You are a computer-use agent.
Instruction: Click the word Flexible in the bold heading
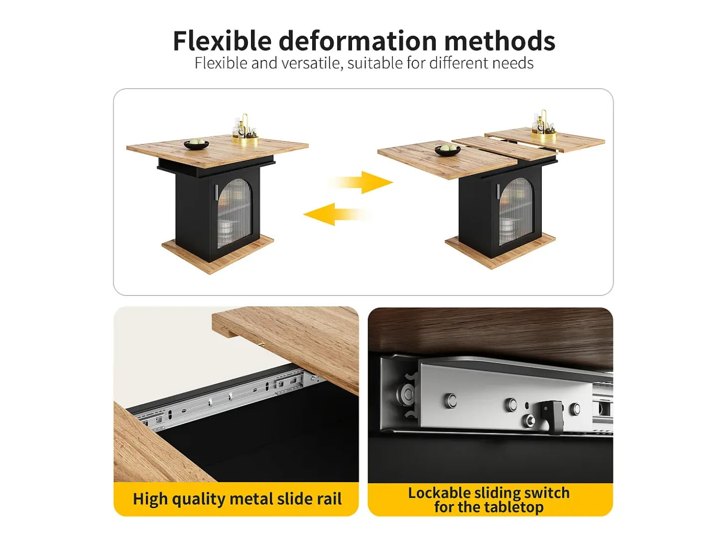(222, 40)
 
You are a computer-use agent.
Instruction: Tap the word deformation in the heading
(358, 40)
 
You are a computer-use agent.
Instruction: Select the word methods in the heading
(499, 40)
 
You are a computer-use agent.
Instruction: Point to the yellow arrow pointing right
(361, 182)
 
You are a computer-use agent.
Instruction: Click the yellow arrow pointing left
(336, 214)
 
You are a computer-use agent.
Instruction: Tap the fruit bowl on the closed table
(196, 144)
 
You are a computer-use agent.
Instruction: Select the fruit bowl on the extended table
(448, 150)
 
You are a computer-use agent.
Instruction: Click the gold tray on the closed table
(245, 139)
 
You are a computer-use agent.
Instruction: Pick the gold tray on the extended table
(544, 136)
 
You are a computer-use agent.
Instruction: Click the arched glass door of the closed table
(235, 213)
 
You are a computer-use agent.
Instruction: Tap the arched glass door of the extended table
(516, 211)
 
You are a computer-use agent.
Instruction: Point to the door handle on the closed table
(216, 193)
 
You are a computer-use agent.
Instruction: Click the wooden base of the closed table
(218, 254)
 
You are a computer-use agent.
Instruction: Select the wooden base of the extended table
(500, 251)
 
